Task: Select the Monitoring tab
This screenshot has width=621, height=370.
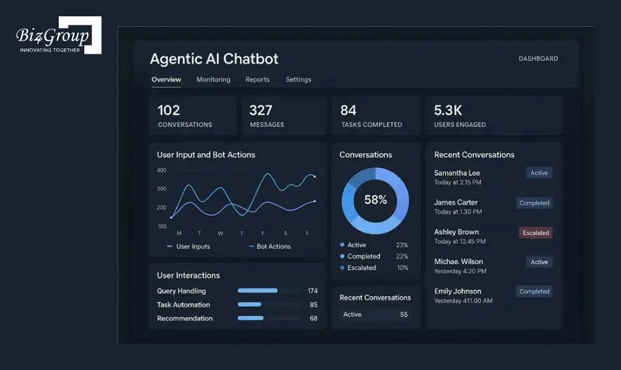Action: click(x=213, y=80)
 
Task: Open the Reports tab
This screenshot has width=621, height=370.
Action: click(x=258, y=80)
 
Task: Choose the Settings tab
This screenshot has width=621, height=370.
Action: click(x=298, y=80)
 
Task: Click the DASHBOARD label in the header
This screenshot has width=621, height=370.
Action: click(x=538, y=59)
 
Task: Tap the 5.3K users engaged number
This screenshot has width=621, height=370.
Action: click(x=448, y=110)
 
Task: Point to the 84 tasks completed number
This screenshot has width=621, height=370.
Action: click(x=348, y=110)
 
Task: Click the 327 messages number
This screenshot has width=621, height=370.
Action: click(x=261, y=110)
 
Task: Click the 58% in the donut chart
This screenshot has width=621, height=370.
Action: click(x=375, y=200)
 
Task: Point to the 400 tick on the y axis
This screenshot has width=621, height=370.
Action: click(x=161, y=171)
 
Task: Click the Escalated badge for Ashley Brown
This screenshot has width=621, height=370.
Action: click(x=535, y=233)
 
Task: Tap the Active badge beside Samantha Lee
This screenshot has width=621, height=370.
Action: click(x=539, y=173)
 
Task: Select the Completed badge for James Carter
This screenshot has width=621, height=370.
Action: click(x=534, y=203)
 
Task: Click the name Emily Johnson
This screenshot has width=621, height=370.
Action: click(x=458, y=292)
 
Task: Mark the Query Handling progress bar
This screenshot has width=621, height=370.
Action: click(x=258, y=291)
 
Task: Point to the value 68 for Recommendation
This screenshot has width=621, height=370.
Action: click(x=314, y=319)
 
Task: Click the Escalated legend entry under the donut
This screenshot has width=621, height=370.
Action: click(x=361, y=268)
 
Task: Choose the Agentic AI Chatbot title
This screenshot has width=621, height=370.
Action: click(x=214, y=59)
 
